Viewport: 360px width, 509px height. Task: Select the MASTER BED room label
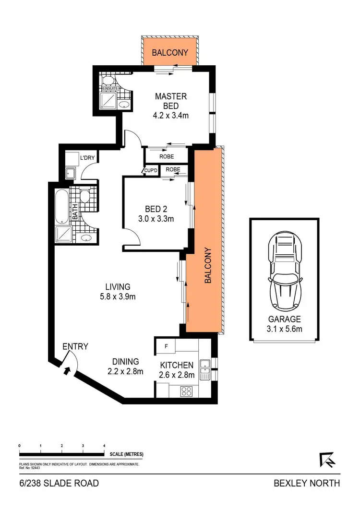170,101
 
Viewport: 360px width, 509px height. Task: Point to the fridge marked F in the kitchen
166,345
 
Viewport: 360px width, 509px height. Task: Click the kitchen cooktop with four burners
186,391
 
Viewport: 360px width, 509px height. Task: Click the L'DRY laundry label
87,157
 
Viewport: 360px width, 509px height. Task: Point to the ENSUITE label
110,89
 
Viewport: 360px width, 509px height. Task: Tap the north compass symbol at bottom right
327,460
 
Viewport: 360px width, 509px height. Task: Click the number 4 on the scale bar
104,446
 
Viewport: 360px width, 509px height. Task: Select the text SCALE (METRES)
126,454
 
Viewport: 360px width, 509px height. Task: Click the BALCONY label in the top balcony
170,52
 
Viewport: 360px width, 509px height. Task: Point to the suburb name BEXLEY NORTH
307,483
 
